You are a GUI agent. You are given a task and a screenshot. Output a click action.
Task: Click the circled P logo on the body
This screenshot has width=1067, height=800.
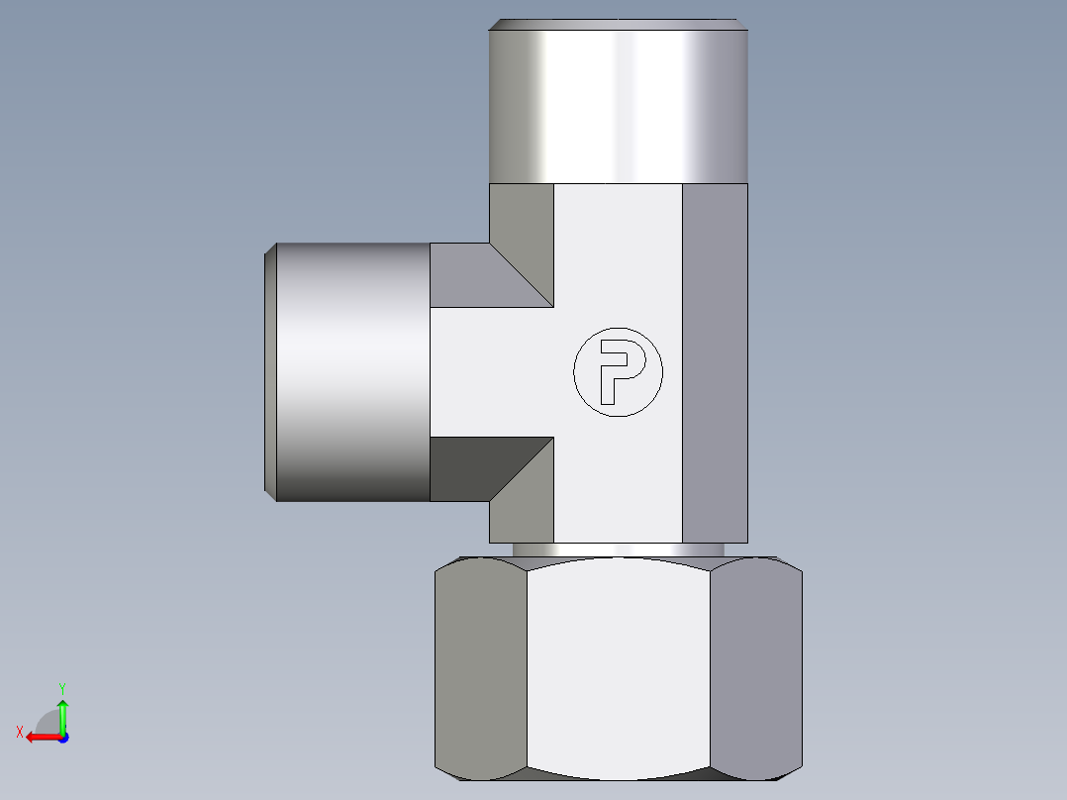click(x=618, y=371)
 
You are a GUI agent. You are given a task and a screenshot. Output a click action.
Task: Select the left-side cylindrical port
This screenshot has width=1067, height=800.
click(x=351, y=371)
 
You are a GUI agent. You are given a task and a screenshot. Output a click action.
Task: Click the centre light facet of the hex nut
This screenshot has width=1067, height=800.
click(x=618, y=668)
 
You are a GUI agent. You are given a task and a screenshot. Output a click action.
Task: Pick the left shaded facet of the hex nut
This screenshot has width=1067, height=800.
click(x=480, y=668)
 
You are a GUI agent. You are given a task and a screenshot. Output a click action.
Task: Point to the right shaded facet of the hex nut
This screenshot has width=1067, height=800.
click(x=756, y=668)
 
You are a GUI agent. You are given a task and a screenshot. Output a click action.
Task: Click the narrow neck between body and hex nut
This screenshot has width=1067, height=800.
click(x=618, y=550)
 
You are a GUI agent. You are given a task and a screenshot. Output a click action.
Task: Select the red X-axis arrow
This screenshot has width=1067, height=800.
click(x=40, y=737)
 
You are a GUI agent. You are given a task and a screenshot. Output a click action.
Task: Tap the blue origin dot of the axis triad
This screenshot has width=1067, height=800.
click(x=62, y=738)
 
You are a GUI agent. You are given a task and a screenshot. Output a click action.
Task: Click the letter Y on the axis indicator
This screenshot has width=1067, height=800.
click(x=61, y=687)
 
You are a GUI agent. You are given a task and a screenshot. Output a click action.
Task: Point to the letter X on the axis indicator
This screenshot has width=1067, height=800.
click(x=19, y=732)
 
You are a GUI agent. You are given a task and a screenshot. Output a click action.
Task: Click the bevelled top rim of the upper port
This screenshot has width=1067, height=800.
click(x=618, y=25)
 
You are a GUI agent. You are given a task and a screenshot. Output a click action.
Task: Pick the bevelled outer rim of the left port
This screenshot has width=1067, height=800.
click(x=270, y=371)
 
